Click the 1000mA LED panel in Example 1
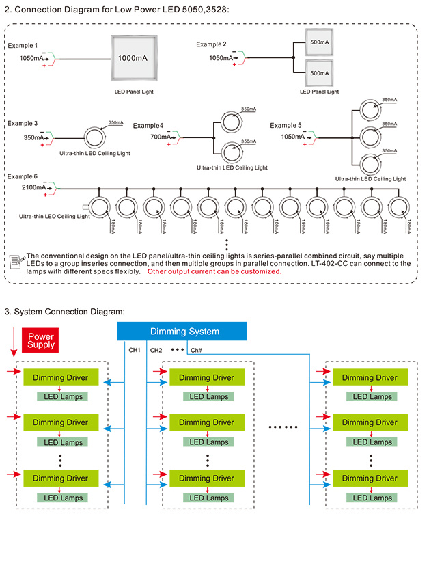[134, 58]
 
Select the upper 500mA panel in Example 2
[320, 42]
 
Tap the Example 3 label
[23, 124]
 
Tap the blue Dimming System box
[182, 331]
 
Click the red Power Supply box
[40, 340]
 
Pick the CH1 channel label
[135, 350]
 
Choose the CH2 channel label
[156, 350]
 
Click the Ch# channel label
[196, 350]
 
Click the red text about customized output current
[214, 271]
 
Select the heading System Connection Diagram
[64, 312]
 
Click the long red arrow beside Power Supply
[14, 342]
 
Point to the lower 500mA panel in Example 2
[320, 73]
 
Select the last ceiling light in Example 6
[399, 207]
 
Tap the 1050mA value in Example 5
[292, 137]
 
